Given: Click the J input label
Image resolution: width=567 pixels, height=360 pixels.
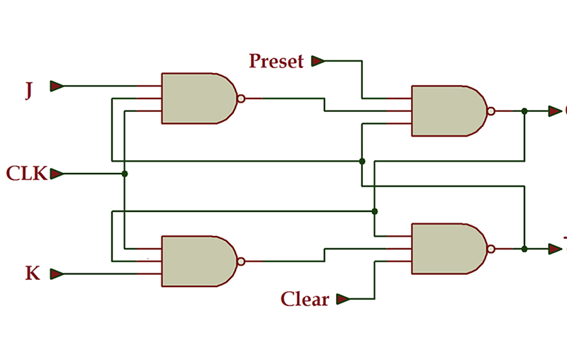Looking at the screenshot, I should coord(28,91).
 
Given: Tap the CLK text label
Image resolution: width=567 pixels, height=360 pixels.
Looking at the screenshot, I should coord(26,174).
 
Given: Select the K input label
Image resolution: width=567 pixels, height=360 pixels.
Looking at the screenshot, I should coord(33,274).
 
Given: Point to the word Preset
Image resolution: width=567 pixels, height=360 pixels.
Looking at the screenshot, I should coord(276,62).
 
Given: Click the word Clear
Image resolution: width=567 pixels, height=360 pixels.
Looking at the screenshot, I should coord(305,299).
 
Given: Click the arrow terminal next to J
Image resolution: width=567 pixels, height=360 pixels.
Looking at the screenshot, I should coord(57,86).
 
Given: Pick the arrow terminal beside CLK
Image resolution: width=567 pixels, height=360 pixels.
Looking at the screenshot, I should coord(57,174).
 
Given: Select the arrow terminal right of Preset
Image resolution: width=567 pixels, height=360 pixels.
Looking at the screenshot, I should coord(318,62).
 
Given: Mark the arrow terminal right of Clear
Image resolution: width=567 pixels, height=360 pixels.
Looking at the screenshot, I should coord(343,299).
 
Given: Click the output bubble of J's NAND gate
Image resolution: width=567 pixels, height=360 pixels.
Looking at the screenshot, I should coord(241,99).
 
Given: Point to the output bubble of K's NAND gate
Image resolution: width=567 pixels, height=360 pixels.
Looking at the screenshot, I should coord(241,261).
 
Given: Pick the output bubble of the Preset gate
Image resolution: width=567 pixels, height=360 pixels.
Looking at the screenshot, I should coord(490,111).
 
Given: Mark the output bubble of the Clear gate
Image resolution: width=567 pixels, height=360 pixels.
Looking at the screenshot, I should coord(490,249).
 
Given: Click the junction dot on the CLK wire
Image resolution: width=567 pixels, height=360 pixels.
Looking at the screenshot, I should coord(125,174).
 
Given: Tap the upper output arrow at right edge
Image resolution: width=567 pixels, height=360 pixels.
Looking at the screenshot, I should coord(555,111).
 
